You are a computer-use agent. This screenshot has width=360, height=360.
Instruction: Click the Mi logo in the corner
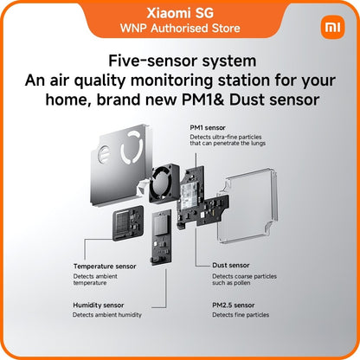click(x=332, y=27)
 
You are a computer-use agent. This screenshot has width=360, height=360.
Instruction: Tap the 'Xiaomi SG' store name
click(x=180, y=13)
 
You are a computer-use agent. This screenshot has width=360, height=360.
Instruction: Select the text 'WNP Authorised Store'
click(x=180, y=29)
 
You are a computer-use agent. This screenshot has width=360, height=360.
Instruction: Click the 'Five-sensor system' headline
click(x=183, y=61)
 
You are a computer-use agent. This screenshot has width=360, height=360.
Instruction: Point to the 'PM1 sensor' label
click(x=208, y=127)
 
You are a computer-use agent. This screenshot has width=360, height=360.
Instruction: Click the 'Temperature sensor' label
click(x=105, y=267)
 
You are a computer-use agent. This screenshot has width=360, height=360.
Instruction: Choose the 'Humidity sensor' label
click(x=99, y=305)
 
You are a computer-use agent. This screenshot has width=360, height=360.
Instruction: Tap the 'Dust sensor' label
click(x=231, y=265)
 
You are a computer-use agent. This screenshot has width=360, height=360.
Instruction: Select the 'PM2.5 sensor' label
click(x=234, y=305)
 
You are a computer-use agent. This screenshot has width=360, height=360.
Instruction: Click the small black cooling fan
click(x=164, y=183)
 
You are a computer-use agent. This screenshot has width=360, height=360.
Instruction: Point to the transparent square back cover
click(x=247, y=205)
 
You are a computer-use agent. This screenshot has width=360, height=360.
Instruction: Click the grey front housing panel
click(x=121, y=166)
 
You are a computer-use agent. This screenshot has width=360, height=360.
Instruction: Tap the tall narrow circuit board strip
click(x=161, y=237)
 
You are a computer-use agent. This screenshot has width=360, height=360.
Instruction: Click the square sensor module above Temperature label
click(x=128, y=223)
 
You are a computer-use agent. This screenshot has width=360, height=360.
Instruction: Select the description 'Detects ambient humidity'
click(x=107, y=315)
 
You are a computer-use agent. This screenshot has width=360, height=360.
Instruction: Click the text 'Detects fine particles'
click(x=241, y=315)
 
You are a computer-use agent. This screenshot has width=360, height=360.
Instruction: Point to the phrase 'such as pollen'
click(x=231, y=283)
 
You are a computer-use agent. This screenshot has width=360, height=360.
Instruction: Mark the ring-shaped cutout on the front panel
click(x=132, y=147)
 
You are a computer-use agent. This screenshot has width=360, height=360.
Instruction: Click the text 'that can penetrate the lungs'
click(x=228, y=144)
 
